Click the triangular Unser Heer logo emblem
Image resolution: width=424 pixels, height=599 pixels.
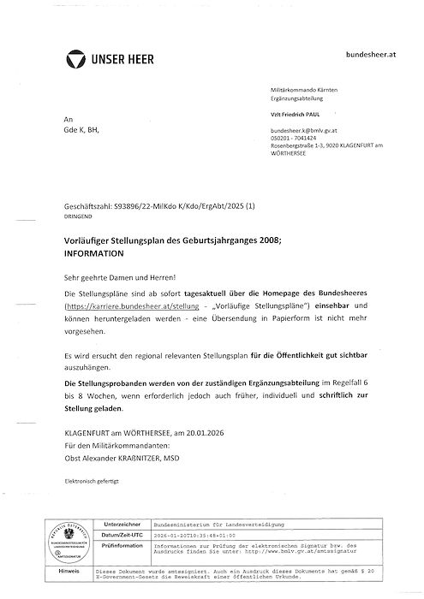(x=77, y=58)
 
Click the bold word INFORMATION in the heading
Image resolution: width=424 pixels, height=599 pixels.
(x=94, y=255)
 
